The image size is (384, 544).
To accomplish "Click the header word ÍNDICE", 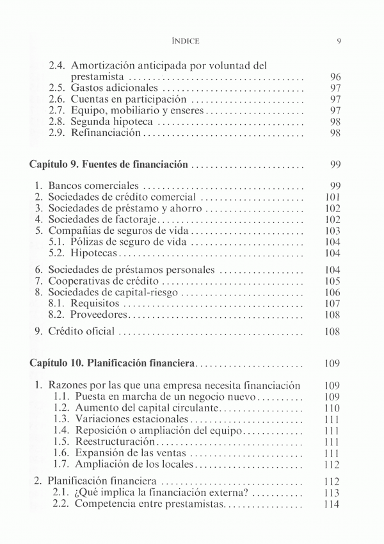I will (x=186, y=41).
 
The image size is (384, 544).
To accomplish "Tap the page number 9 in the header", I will (x=337, y=41).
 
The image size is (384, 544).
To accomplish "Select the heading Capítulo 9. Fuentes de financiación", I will (x=109, y=165).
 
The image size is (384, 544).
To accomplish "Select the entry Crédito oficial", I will (x=83, y=331).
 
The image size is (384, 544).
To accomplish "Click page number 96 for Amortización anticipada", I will (x=335, y=76).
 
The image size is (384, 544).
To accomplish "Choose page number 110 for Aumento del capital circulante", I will (x=332, y=408).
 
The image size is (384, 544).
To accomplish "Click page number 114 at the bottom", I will (x=332, y=504).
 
